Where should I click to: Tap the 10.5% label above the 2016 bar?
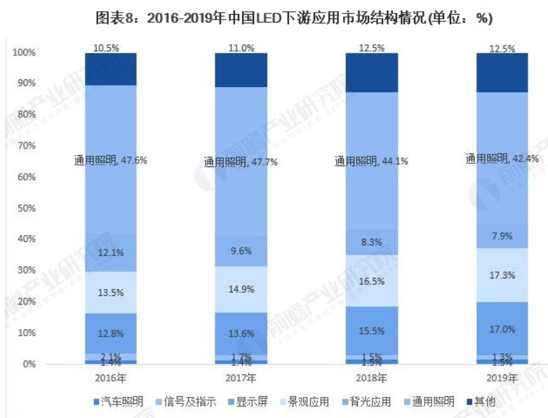pyautogui.click(x=111, y=48)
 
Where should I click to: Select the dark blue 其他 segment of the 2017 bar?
pyautogui.click(x=241, y=70)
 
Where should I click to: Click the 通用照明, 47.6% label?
pyautogui.click(x=111, y=160)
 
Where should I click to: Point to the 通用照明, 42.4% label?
pyautogui.click(x=502, y=159)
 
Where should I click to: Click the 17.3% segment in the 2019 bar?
pyautogui.click(x=502, y=275)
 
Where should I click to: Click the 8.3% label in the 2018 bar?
pyautogui.click(x=371, y=242)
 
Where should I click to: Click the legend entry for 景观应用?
pyautogui.click(x=304, y=402)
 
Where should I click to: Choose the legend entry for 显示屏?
pyautogui.click(x=246, y=402)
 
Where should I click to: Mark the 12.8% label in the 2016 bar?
pyautogui.click(x=111, y=332)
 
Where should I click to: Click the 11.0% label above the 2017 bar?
pyautogui.click(x=241, y=48)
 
